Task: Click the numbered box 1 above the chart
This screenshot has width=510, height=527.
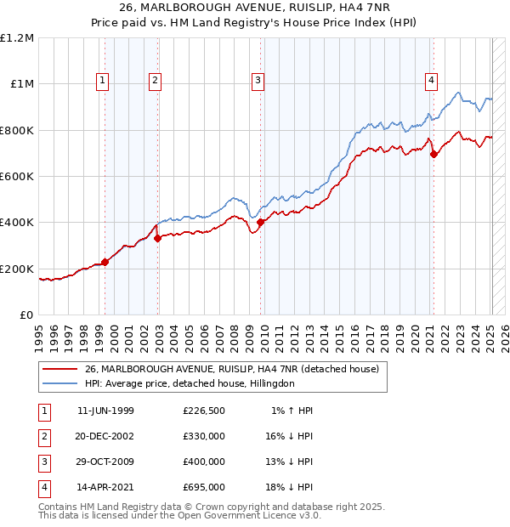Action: coord(102,81)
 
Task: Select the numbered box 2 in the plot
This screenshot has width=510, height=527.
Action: coord(156,81)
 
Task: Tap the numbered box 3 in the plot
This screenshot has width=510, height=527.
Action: coord(257,81)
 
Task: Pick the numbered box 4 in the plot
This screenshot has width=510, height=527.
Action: coord(432,81)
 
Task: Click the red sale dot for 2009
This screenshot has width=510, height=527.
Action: coord(260,223)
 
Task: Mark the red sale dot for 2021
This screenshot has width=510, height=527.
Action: coord(434,154)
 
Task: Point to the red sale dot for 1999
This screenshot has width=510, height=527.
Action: coord(105,262)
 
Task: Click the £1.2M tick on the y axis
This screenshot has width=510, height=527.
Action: coord(17,38)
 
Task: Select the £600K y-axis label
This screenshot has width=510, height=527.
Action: coord(17,177)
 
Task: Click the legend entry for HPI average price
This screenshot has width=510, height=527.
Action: coord(189,383)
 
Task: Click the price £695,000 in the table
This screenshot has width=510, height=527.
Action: coord(204,487)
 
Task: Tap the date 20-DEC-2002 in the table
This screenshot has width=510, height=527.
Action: coord(105,436)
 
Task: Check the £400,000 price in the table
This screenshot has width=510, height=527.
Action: coord(204,462)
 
